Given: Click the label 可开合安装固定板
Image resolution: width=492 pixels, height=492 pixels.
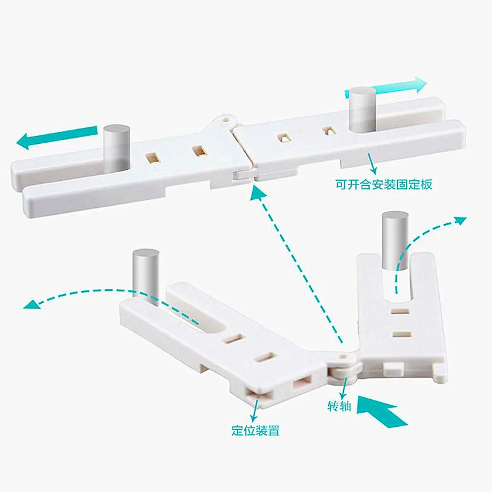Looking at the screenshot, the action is (x=384, y=184).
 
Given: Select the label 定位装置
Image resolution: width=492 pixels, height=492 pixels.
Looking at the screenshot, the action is (x=255, y=430).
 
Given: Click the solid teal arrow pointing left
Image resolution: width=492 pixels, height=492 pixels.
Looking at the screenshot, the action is (x=57, y=137).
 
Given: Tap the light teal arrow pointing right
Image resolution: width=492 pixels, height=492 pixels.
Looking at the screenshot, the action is (x=386, y=87).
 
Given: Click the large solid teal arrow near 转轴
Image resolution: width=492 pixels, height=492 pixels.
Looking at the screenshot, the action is (x=381, y=411).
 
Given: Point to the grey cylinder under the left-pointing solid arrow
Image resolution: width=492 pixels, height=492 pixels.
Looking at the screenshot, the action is (x=117, y=148).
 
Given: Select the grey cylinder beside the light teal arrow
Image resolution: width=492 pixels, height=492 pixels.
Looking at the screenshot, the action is (x=363, y=109).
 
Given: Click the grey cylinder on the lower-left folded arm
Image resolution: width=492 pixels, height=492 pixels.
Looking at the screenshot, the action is (x=146, y=276).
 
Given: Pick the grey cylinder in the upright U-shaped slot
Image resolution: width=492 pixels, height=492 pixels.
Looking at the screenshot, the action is (x=395, y=240).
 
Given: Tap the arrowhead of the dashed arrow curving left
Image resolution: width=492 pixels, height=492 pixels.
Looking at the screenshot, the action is (x=31, y=304).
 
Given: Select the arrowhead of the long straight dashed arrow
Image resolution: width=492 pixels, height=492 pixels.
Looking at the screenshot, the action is (x=257, y=192).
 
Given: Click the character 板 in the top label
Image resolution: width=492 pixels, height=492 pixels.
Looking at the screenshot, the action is (x=426, y=184).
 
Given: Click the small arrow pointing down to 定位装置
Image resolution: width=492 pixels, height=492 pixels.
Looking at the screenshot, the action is (x=255, y=410).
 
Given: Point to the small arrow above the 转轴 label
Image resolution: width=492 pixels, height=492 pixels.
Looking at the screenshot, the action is (x=344, y=388).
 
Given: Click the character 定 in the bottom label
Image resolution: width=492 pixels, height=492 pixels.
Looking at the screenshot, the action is (x=237, y=430).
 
